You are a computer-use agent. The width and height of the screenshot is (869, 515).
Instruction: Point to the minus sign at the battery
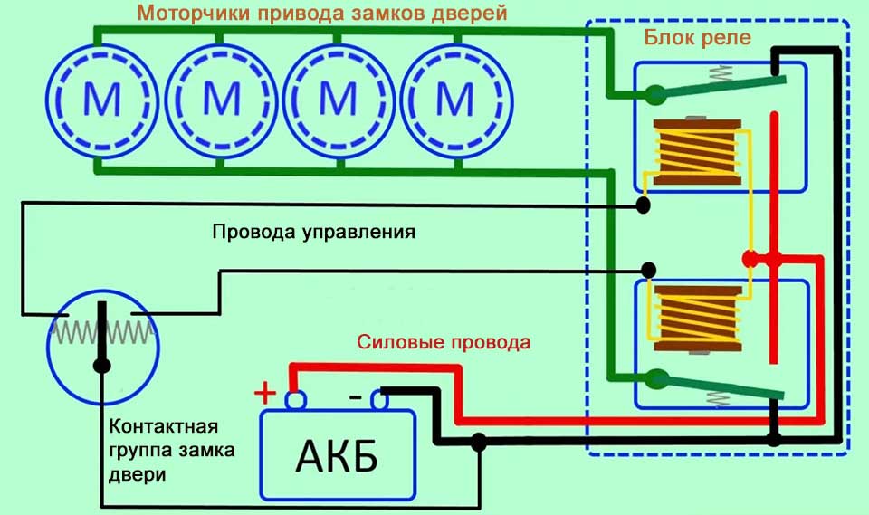357,396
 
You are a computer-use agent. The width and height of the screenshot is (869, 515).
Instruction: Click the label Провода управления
313,232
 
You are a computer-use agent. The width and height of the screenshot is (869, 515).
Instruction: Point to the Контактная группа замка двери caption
173,449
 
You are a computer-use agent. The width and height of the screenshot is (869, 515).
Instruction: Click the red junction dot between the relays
750,259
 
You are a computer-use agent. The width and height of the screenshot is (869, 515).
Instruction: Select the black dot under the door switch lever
101,366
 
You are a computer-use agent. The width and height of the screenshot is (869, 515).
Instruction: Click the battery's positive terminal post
294,398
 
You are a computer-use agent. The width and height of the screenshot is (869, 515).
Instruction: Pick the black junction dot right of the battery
479,441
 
